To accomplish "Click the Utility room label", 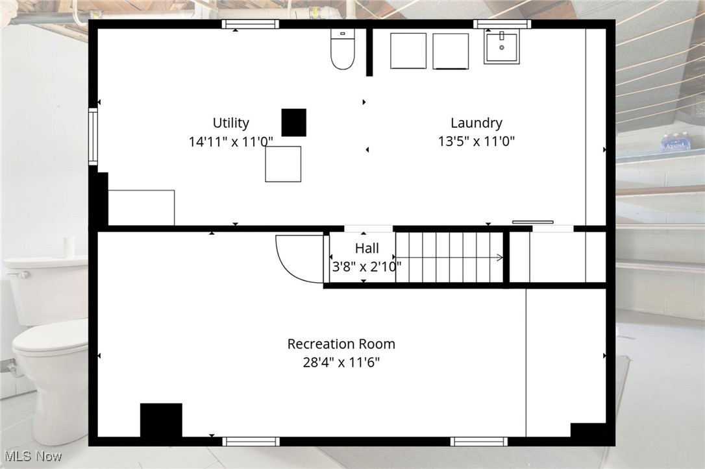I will coord(230,123).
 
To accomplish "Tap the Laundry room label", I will coord(476,123).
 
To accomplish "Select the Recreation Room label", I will coord(341,344).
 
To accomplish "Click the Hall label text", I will coord(367,248).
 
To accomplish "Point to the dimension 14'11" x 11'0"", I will coord(230,142).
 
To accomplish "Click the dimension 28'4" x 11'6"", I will coord(341,363).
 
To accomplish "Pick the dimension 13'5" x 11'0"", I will coord(476,142).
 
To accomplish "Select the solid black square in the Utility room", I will coord(293,123).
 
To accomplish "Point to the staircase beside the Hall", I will coord(449,258).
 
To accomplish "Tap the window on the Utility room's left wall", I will coord(93,136).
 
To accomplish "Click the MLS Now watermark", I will coord(32,456).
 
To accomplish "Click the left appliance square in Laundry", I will coord(408,51).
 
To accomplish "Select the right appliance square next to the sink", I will coord(451,51).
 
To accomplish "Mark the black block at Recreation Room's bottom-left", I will coord(161,420).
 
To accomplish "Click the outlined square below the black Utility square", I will coord(283,164).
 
